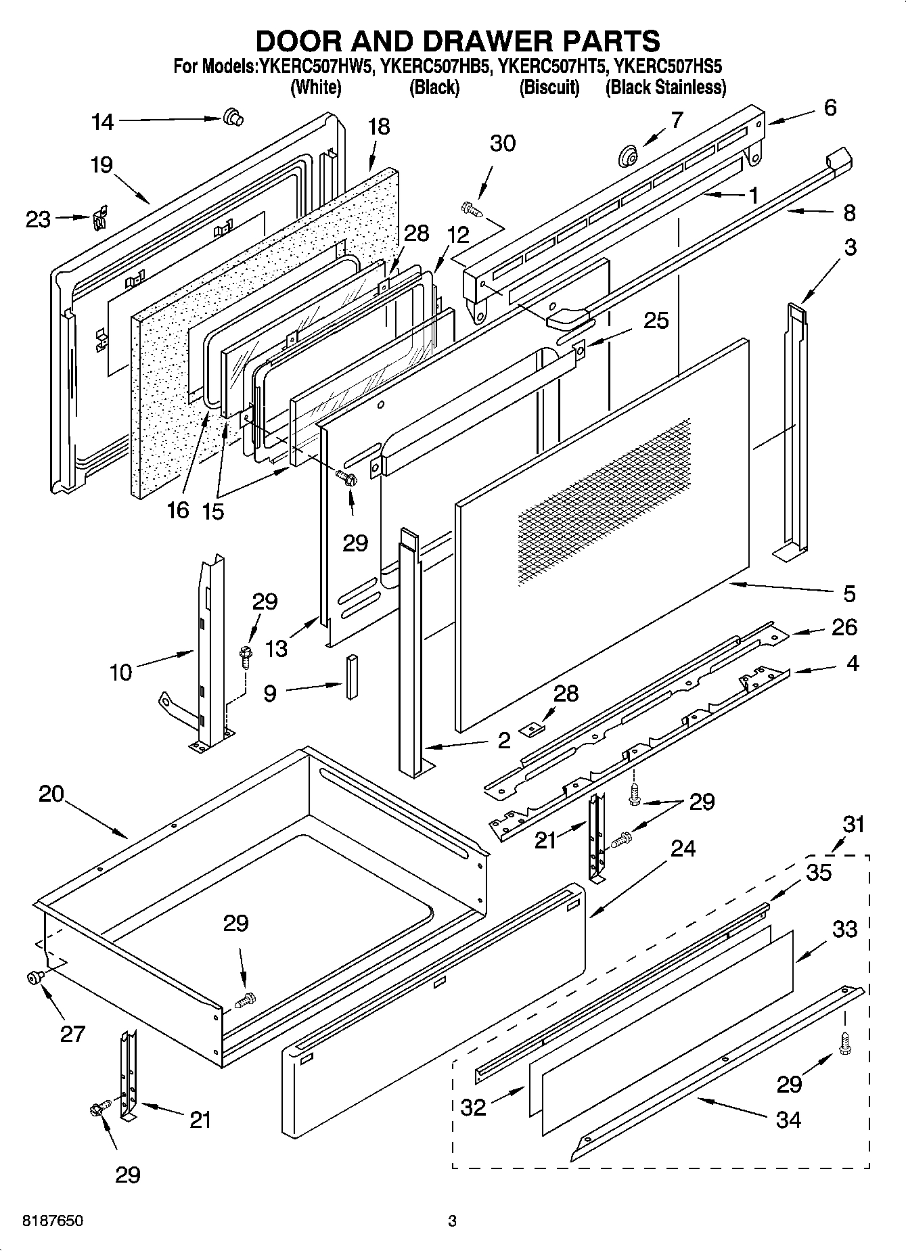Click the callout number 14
[x=103, y=122]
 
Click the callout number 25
[x=656, y=320]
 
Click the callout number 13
[x=277, y=647]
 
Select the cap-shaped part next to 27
[x=33, y=976]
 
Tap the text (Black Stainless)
[x=665, y=87]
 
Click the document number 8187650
[x=53, y=1221]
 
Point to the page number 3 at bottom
[x=452, y=1221]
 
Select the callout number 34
[x=788, y=1120]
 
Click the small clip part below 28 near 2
[x=532, y=729]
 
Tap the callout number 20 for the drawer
[x=51, y=794]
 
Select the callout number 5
[x=849, y=593]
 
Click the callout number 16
[x=177, y=509]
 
